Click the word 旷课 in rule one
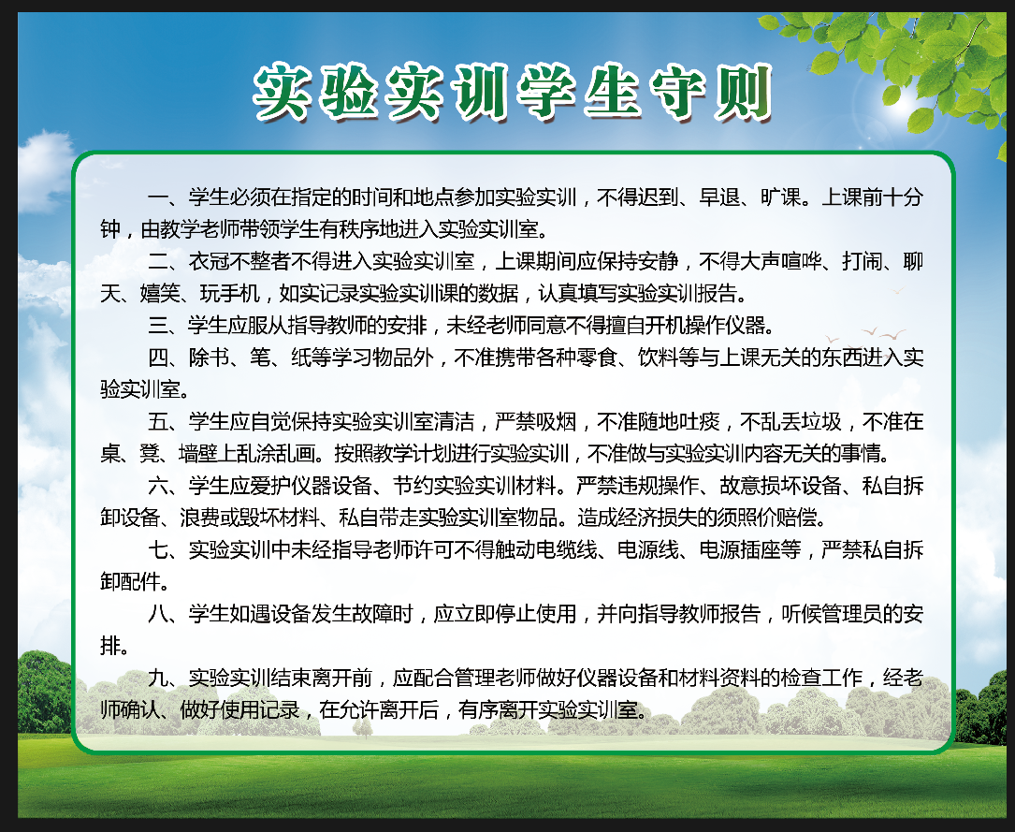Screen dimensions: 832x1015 (782, 197)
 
